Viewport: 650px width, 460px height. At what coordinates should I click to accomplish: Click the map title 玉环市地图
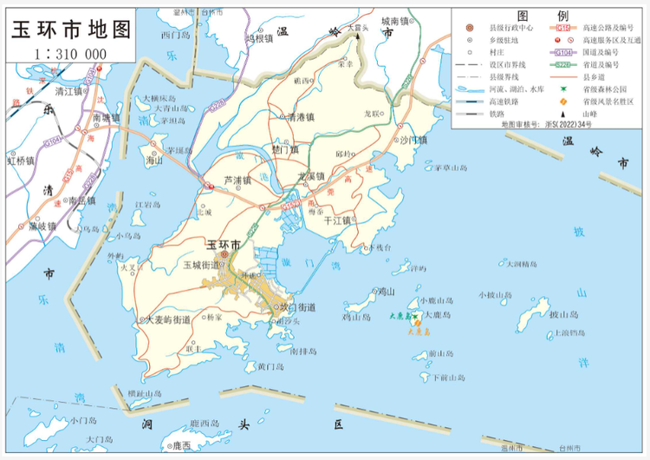pos(70,29)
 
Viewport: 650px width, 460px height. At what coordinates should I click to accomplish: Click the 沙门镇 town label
pos(413,139)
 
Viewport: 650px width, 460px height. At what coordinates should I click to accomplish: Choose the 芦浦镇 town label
pos(237,181)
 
